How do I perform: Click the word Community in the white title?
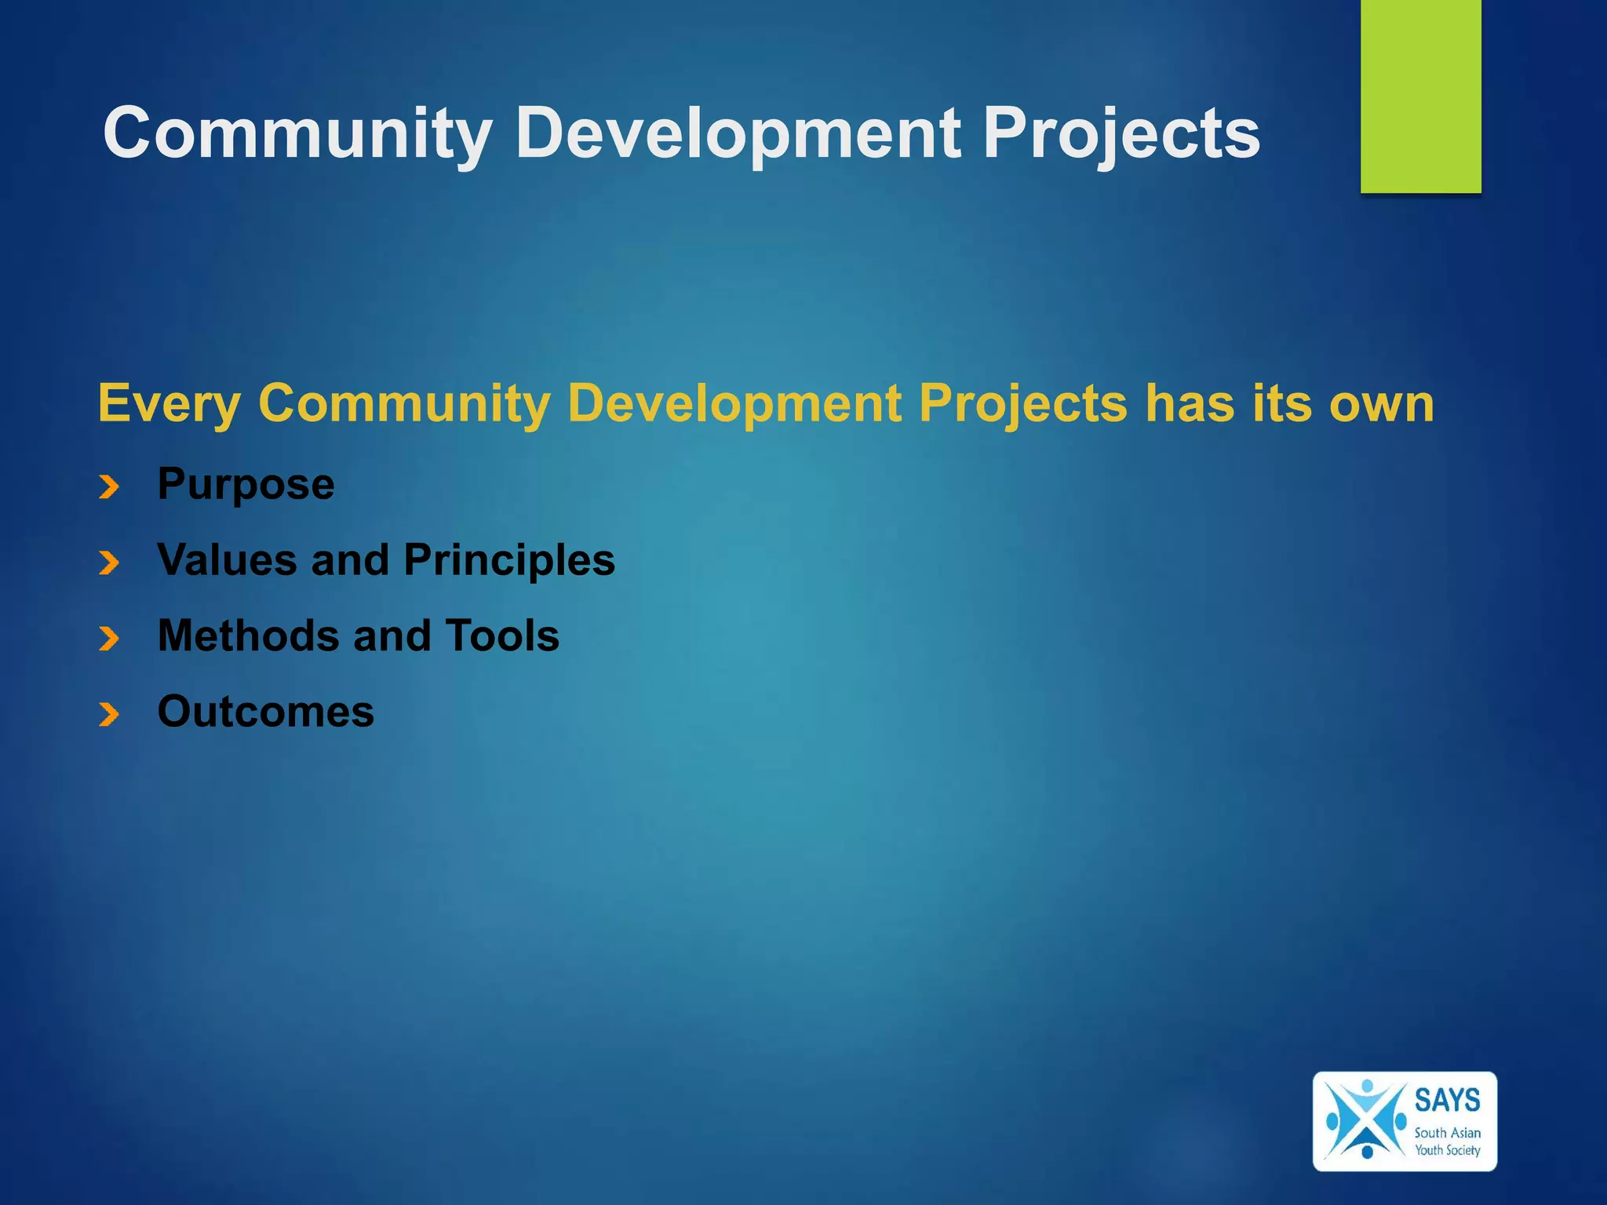(x=297, y=133)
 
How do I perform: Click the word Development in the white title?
(x=738, y=133)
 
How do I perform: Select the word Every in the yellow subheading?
(x=169, y=405)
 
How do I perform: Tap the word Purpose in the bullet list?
(x=246, y=485)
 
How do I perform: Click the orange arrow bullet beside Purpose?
(x=109, y=487)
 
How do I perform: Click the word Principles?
(x=509, y=560)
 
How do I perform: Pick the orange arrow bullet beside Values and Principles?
(x=109, y=562)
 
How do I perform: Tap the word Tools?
(x=502, y=635)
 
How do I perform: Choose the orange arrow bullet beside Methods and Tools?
(x=109, y=639)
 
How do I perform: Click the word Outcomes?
(x=265, y=712)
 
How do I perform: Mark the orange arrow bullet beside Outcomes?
(x=109, y=714)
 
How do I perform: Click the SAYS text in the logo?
(x=1447, y=1100)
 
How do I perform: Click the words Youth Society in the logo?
(x=1447, y=1150)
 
